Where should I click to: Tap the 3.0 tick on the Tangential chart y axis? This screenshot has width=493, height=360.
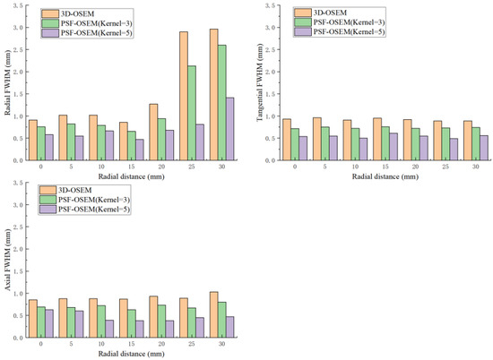[273, 28]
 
